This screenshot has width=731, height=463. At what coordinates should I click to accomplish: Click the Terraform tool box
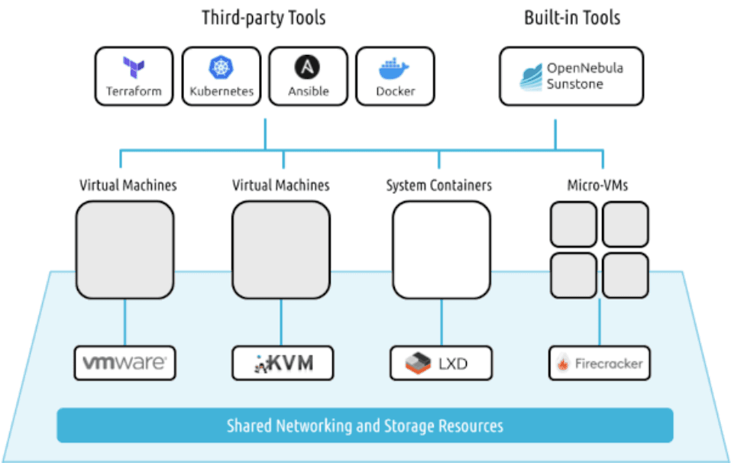click(134, 76)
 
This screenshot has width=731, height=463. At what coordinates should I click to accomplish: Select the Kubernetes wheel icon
click(222, 67)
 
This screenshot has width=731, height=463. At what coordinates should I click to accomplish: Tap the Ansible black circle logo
click(308, 67)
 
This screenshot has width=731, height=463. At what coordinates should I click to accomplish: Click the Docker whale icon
click(395, 69)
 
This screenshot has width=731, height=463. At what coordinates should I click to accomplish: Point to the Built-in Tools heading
click(571, 18)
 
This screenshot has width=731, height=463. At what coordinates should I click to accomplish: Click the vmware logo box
click(125, 363)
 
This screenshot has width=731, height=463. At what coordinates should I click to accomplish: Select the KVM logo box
click(283, 363)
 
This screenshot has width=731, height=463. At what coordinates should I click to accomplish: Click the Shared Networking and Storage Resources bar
click(365, 426)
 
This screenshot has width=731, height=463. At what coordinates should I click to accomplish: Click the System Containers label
click(439, 186)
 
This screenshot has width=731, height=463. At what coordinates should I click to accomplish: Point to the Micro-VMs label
click(598, 186)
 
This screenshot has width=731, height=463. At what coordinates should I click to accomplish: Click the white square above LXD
click(441, 249)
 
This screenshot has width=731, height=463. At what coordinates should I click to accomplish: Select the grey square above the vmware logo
click(125, 249)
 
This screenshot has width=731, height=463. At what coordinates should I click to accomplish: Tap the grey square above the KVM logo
click(281, 249)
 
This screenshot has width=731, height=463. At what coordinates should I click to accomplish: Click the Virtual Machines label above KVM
click(281, 186)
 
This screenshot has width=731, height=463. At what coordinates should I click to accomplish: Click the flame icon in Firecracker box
click(562, 364)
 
